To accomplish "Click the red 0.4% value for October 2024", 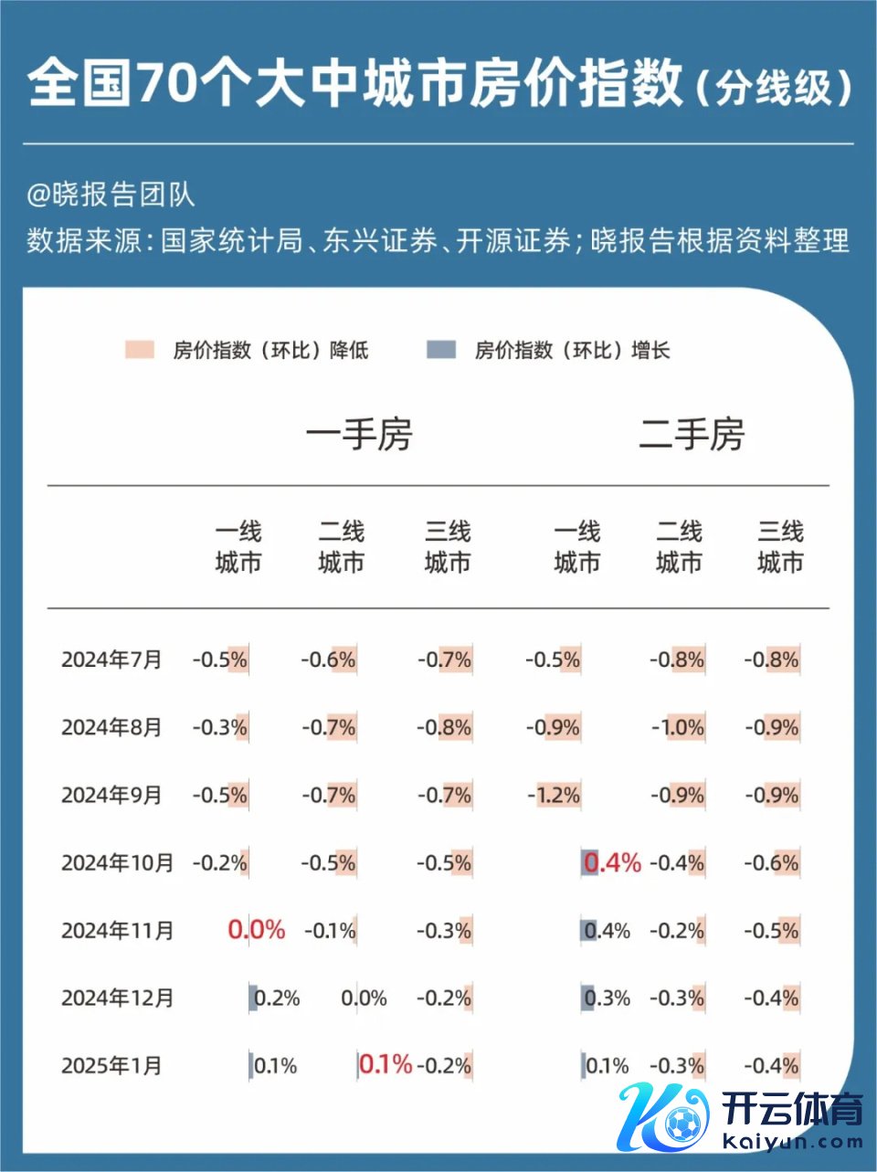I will click(612, 862).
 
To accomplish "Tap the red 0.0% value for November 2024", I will click(257, 930).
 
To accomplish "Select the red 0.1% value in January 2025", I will click(386, 1064).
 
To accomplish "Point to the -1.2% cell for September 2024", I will click(555, 795).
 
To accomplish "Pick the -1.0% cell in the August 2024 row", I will click(678, 727).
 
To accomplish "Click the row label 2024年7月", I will click(111, 660).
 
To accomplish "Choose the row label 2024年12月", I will click(117, 998).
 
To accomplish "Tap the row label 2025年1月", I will click(111, 1065).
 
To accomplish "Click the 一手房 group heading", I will click(359, 435).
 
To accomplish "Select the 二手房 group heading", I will click(692, 435).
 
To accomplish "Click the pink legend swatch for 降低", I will click(140, 350).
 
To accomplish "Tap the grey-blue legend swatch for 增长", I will click(441, 350).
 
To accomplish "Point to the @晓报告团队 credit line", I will click(111, 194).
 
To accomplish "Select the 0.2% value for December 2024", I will click(276, 998).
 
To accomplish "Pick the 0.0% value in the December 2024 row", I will click(364, 998).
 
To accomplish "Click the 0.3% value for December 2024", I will click(608, 998).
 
